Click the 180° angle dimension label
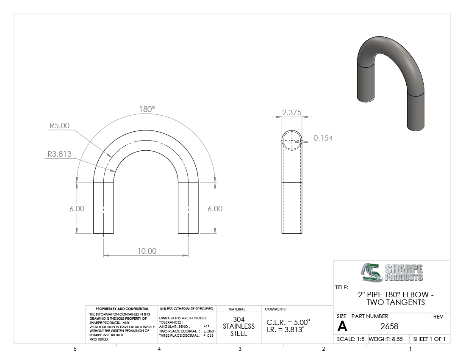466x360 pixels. [147, 109]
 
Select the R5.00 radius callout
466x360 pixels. [59, 126]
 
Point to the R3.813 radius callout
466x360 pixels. [59, 154]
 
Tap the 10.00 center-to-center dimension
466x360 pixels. [147, 251]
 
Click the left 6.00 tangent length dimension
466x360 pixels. [77, 208]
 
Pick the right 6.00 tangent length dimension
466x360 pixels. [215, 208]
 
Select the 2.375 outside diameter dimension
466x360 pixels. [291, 113]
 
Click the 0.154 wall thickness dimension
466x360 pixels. [323, 138]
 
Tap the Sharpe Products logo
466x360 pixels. [392, 272]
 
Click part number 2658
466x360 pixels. [389, 326]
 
